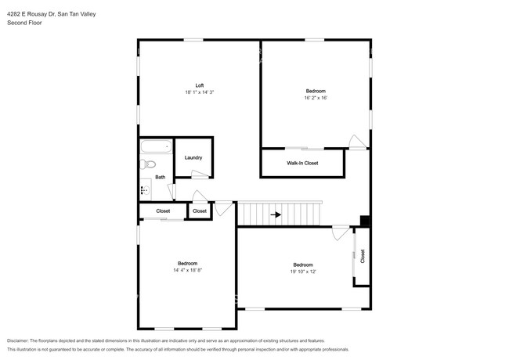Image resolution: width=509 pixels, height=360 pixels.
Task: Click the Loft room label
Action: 199,85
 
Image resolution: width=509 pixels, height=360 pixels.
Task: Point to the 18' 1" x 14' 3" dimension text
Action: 199,92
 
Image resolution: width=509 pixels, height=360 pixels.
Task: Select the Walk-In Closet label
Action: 301,164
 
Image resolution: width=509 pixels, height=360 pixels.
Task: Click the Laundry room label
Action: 193,157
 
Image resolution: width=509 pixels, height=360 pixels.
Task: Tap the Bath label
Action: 160,177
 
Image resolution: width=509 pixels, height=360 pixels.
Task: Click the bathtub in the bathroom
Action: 155,146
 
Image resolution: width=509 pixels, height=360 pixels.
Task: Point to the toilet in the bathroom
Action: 148,164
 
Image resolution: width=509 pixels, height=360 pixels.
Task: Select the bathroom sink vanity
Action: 145,189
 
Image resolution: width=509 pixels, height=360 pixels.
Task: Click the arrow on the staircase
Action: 276,214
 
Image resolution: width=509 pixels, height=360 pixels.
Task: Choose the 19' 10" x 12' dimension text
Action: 303,271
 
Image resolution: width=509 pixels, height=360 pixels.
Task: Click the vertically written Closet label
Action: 362,255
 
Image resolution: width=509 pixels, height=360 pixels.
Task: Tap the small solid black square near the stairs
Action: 364,221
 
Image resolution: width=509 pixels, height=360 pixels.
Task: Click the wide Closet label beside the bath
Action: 163,211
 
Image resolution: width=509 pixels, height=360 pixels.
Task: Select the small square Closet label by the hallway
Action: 200,211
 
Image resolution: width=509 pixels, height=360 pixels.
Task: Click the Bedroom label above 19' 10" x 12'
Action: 303,264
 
